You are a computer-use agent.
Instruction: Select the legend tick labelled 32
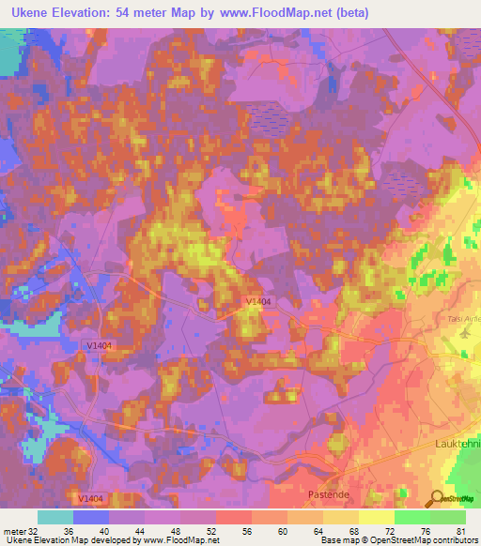click(34, 532)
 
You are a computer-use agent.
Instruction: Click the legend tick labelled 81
click(460, 532)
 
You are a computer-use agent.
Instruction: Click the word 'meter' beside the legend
click(14, 532)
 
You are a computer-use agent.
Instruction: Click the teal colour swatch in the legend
click(55, 517)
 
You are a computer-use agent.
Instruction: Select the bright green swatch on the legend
click(411, 517)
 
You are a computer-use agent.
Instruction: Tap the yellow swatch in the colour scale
click(376, 517)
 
